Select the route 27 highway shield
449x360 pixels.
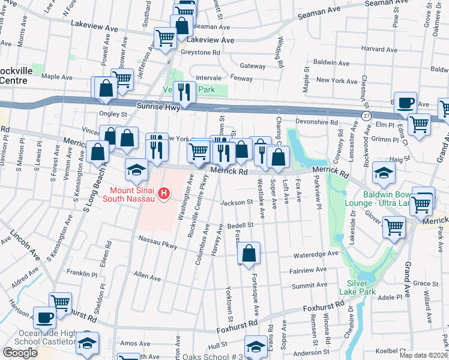366,115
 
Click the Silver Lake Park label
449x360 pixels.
360,287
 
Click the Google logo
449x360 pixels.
19,353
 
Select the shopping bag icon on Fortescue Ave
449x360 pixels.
250,253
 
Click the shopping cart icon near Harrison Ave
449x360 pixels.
60,302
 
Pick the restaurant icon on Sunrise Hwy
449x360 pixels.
184,91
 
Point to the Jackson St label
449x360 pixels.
237,203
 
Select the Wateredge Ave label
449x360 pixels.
316,254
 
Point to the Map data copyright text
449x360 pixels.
424,355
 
